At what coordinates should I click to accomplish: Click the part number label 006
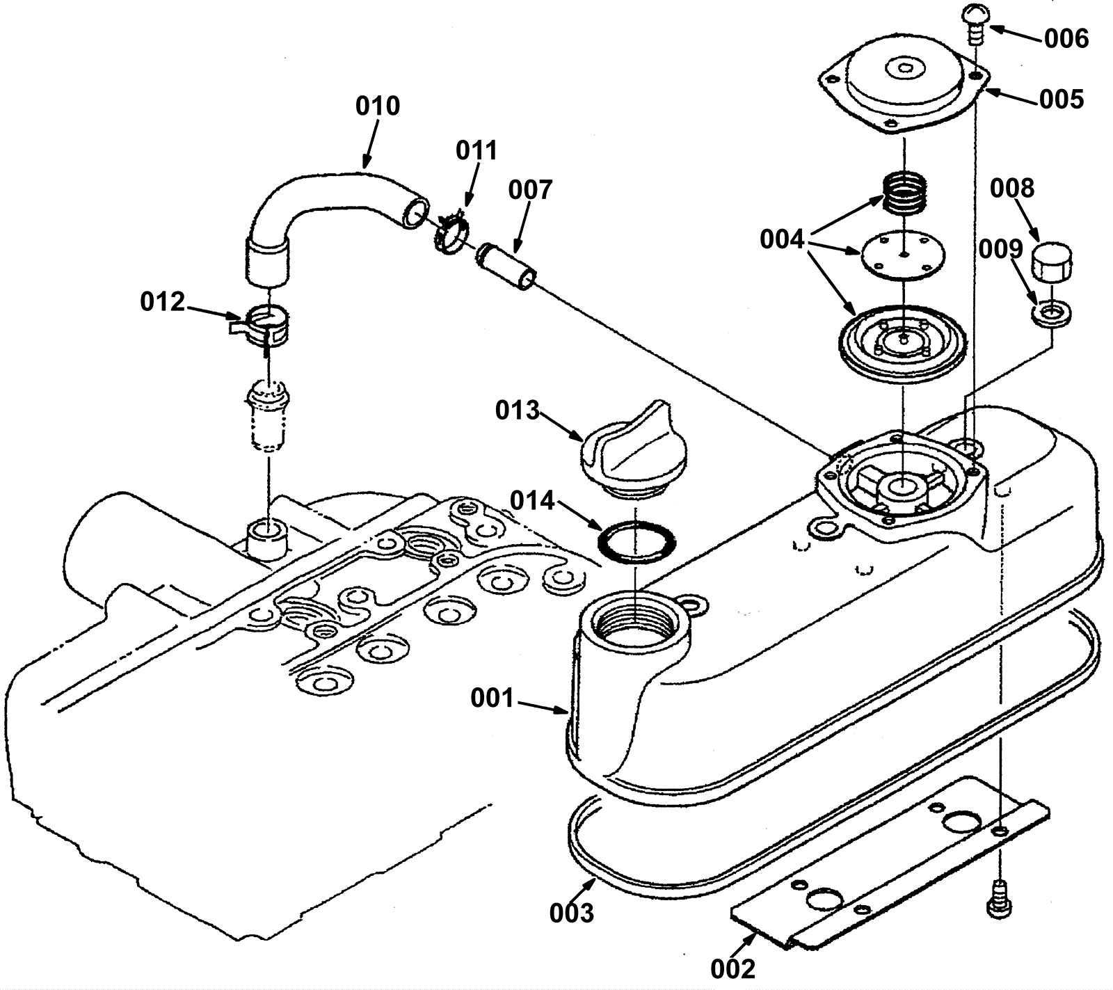point(1066,39)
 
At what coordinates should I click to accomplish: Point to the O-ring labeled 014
point(636,541)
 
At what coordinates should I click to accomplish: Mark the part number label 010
point(378,106)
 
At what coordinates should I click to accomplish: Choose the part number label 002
point(732,968)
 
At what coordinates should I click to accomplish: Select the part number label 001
point(493,698)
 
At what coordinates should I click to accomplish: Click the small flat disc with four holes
point(902,258)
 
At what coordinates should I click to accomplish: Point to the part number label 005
point(1062,99)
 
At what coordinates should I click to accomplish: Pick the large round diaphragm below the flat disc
point(902,341)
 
